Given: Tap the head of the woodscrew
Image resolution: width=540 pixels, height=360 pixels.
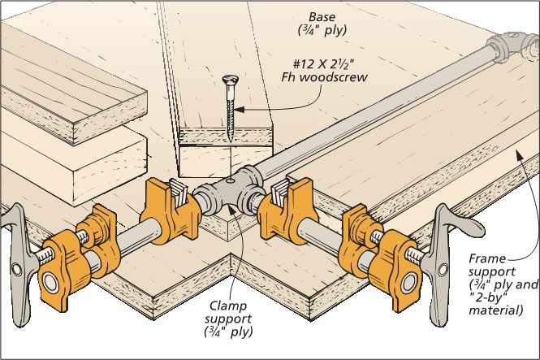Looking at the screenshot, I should tap(228, 80).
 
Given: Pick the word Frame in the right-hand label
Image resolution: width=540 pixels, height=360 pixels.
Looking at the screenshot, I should tap(486, 258).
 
